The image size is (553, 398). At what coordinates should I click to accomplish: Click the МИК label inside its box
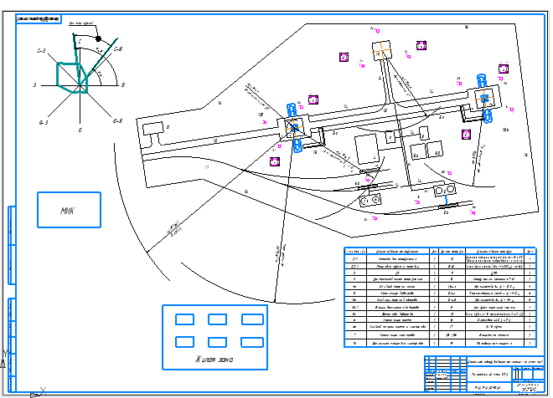[x=68, y=211]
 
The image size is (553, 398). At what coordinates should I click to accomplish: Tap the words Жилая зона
[x=214, y=360]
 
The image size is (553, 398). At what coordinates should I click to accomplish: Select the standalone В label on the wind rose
[x=123, y=85]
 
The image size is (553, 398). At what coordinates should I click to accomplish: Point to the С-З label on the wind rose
[x=40, y=52]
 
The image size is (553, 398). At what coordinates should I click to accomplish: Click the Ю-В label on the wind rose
[x=117, y=121]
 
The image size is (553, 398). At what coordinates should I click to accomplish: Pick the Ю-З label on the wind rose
[x=44, y=122]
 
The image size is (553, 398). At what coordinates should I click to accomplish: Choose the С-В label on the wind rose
[x=118, y=51]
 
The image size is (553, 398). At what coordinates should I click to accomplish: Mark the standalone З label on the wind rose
[x=34, y=85]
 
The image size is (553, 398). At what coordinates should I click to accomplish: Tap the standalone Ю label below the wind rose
[x=80, y=130]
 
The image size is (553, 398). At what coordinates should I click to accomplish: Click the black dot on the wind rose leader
[x=99, y=38]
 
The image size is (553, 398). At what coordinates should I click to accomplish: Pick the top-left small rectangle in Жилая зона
[x=183, y=319]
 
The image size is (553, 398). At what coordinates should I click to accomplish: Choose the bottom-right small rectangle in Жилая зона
[x=252, y=341]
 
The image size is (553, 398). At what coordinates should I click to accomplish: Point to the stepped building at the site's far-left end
[x=154, y=131]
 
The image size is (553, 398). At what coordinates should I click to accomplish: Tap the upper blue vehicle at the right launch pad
[x=482, y=80]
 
